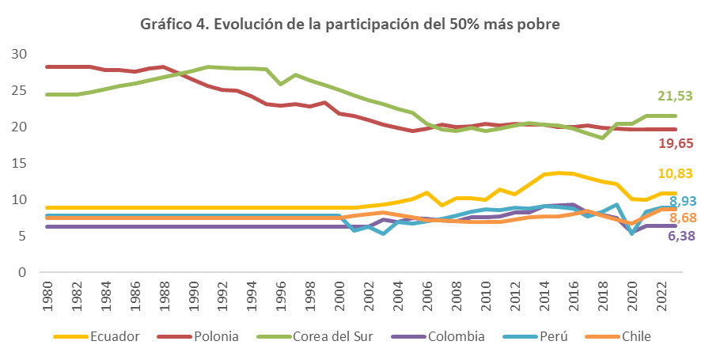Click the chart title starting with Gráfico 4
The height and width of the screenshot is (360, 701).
click(350, 25)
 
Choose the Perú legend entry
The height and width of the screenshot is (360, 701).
click(547, 337)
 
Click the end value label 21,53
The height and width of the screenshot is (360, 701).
click(675, 96)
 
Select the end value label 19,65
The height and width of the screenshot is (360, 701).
click(675, 143)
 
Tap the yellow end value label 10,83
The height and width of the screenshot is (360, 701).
click(675, 174)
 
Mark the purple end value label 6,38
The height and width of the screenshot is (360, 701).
click(678, 234)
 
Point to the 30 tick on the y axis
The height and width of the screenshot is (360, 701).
click(20, 54)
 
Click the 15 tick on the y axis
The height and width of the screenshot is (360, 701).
click(20, 163)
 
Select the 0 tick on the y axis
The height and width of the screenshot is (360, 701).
click(24, 273)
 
